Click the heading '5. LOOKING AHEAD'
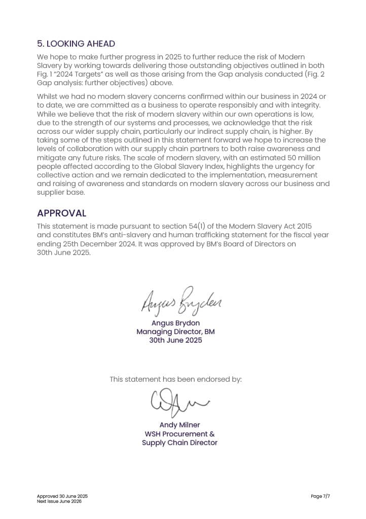point(76,44)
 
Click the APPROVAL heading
point(61,213)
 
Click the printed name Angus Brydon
point(175,323)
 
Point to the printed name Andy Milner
point(179,425)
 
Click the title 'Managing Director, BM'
point(175,331)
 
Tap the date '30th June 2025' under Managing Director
point(175,340)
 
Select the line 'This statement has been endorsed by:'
point(175,379)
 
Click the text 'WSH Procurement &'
point(179,434)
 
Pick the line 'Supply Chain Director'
point(179,442)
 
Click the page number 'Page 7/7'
point(320,496)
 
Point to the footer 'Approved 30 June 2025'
point(58,496)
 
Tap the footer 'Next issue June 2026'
point(59,501)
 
